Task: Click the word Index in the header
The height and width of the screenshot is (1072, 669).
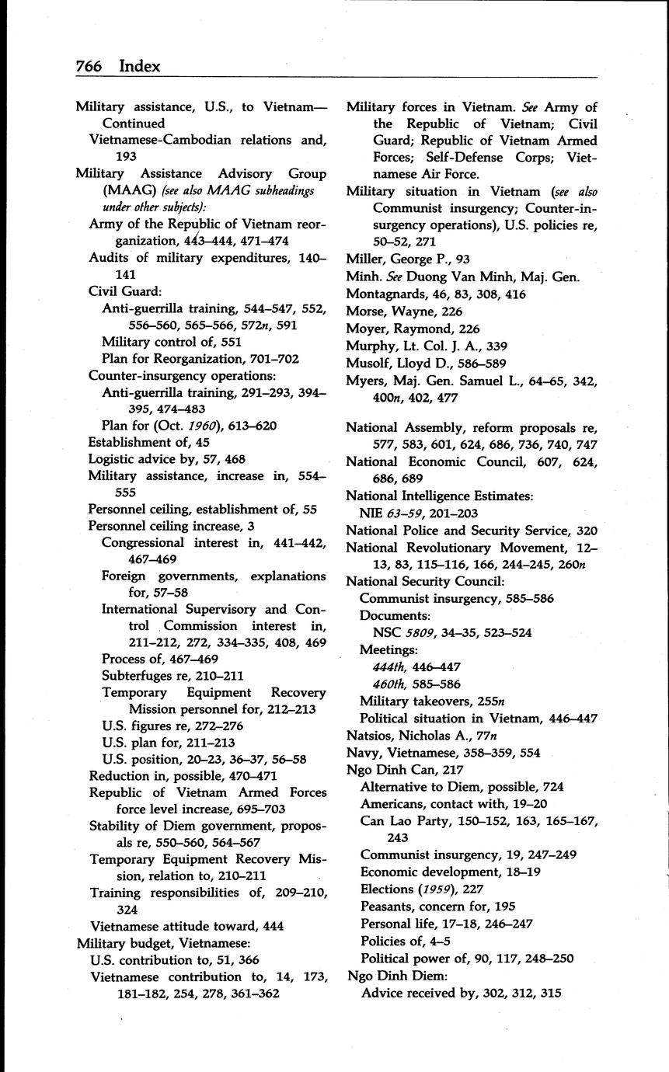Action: (140, 66)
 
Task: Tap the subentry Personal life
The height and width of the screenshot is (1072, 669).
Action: (397, 924)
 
